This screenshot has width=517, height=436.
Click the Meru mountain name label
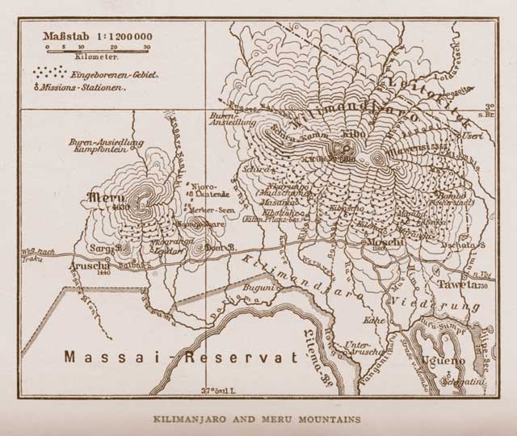(x=103, y=196)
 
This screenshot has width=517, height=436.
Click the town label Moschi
(x=380, y=241)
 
